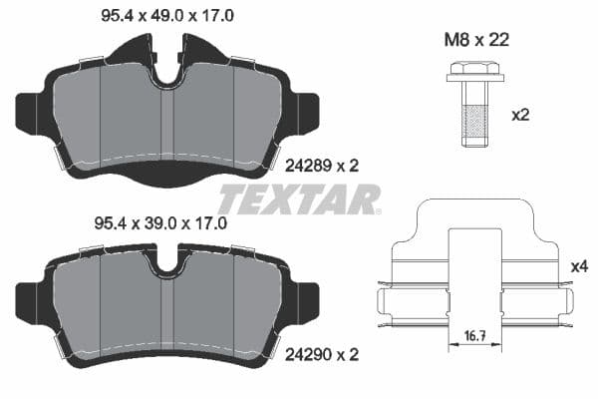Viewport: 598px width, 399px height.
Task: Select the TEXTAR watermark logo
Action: pyautogui.click(x=299, y=199)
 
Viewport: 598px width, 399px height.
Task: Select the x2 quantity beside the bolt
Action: pyautogui.click(x=519, y=115)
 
